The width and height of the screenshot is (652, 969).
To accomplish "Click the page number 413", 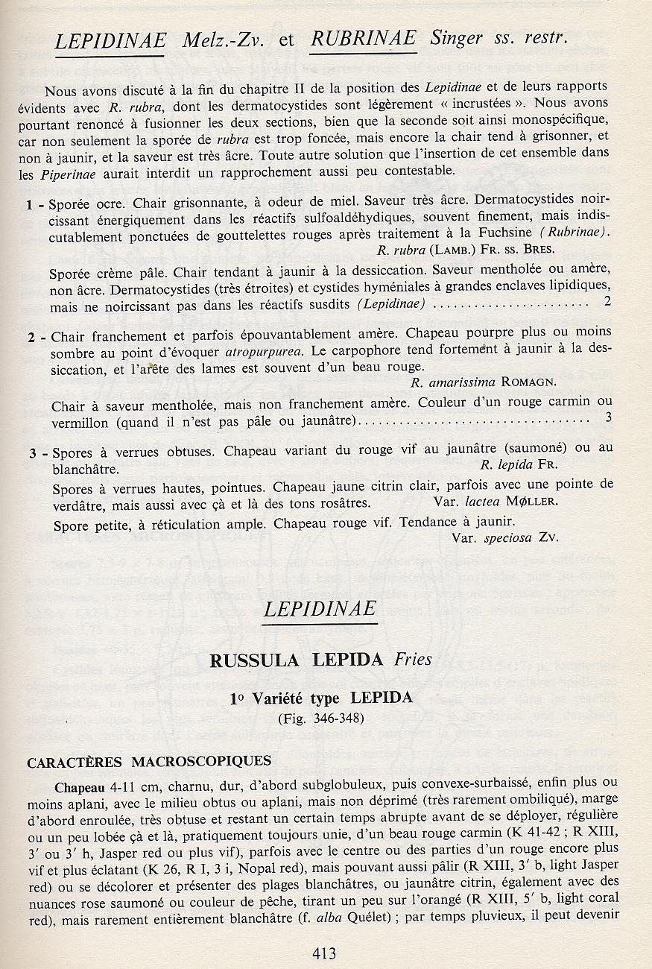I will (325, 953).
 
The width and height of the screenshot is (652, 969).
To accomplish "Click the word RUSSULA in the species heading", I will (254, 660).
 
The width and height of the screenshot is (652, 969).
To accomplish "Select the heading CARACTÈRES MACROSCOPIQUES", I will (148, 762).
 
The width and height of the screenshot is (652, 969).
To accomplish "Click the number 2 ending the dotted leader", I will (607, 301).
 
